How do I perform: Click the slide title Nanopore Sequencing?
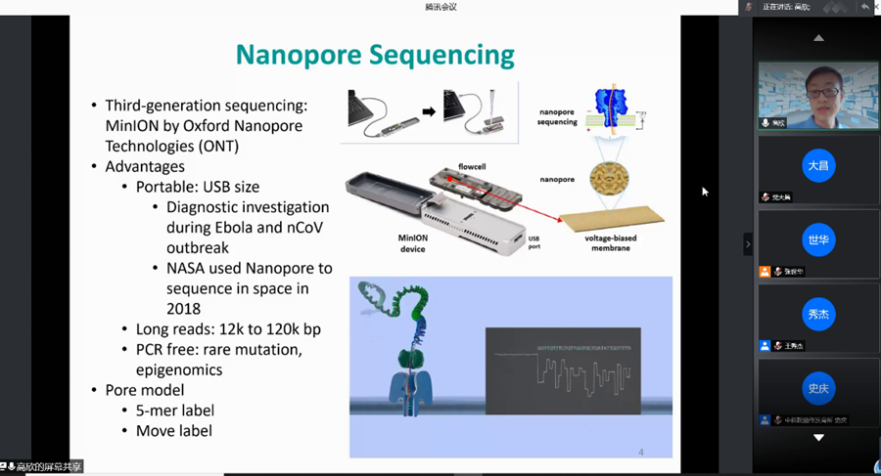click(375, 54)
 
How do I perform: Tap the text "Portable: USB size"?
click(197, 187)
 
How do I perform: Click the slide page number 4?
click(640, 452)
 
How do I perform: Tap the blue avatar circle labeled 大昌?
click(817, 165)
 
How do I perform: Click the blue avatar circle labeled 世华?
click(817, 239)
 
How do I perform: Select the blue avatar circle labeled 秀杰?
click(817, 314)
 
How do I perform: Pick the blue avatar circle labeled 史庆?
click(817, 388)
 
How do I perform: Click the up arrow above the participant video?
click(818, 38)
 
